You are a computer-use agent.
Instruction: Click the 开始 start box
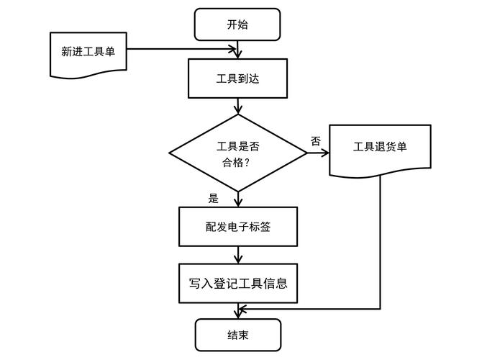(237, 24)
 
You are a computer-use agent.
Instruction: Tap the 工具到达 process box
(237, 78)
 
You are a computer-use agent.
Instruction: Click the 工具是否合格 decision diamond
(237, 153)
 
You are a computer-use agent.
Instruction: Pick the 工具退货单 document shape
(380, 148)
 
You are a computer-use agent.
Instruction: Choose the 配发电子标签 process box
(237, 227)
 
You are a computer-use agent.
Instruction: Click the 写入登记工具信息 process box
(237, 283)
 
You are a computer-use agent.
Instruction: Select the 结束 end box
(237, 335)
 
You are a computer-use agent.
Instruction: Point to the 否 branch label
(316, 141)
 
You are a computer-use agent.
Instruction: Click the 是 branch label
(213, 199)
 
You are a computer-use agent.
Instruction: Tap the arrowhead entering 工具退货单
(324, 153)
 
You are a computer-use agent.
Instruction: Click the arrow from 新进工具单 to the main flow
(180, 50)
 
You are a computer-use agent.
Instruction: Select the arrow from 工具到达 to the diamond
(237, 106)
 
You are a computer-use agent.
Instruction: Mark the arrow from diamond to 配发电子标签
(237, 199)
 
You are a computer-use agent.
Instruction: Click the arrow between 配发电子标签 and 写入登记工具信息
(237, 255)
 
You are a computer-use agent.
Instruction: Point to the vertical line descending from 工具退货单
(380, 245)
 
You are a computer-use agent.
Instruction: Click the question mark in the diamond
(248, 163)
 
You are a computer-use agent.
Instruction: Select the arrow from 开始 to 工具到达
(237, 49)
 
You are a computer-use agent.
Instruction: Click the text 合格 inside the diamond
(232, 163)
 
